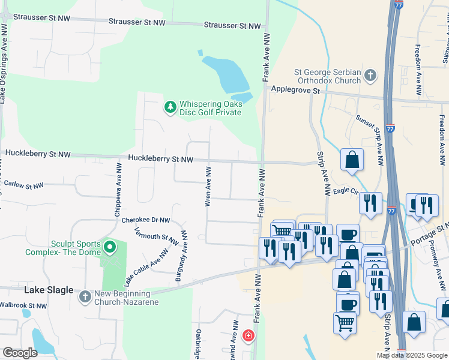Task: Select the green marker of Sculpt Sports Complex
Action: pos(109,247)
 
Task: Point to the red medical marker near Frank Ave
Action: pos(248,336)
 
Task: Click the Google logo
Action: pos(20,353)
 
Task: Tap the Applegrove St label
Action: pos(296,90)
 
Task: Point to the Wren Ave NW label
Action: pos(208,187)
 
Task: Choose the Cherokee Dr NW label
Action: pos(146,220)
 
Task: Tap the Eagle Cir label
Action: pos(346,191)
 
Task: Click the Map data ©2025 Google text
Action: pos(412,355)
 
